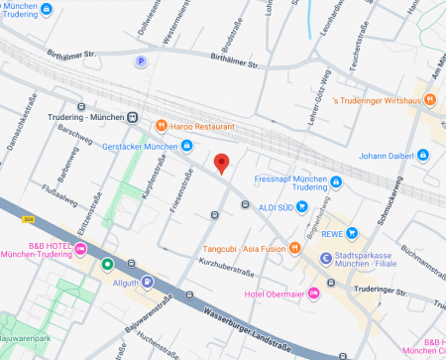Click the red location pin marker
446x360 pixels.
222,164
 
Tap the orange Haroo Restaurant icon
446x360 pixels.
161,126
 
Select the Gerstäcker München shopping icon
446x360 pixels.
186,146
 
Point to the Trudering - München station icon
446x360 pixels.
132,117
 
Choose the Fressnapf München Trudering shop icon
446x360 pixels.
336,181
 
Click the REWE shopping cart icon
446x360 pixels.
352,233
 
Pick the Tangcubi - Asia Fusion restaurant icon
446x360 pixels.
294,248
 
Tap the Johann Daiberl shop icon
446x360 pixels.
423,155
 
